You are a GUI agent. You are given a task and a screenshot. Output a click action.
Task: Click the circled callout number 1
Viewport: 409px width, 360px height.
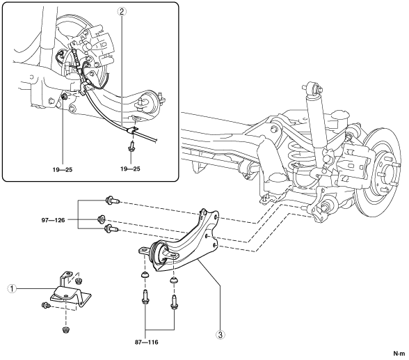[x=12, y=289]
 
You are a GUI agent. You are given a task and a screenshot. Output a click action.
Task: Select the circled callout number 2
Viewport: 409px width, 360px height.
[x=122, y=11]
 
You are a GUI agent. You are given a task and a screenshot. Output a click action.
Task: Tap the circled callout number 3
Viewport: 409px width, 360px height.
[x=220, y=334]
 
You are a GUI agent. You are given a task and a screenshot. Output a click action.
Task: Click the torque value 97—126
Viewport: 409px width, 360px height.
[x=53, y=220]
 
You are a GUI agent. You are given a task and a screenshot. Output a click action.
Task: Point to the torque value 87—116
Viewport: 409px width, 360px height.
[x=147, y=342]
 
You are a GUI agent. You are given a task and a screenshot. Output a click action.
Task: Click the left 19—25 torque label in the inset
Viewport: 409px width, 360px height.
[x=63, y=170]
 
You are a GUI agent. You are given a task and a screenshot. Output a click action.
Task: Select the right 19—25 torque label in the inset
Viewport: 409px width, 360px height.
[x=130, y=169]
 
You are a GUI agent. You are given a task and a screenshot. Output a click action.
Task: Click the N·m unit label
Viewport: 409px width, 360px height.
[x=399, y=354]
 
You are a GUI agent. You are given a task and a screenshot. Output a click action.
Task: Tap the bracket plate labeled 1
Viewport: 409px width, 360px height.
[x=70, y=294]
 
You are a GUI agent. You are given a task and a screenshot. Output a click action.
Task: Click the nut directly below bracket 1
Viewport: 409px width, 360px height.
[x=65, y=329]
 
